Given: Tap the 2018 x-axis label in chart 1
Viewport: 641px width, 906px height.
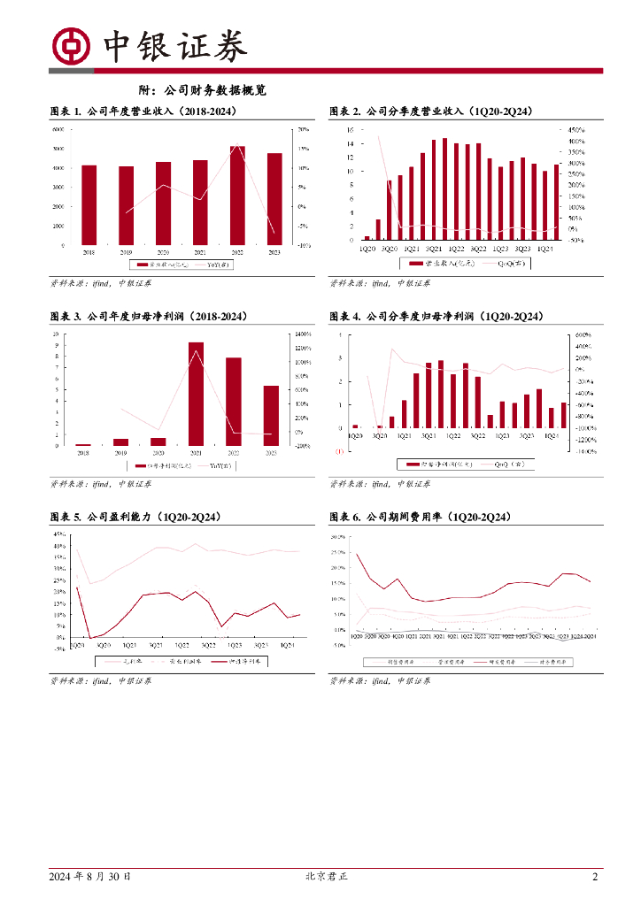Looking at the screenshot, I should click(x=89, y=253).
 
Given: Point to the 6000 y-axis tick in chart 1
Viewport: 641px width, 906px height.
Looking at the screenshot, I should click(x=58, y=129).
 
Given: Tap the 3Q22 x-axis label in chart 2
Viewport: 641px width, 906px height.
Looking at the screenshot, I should click(x=479, y=249).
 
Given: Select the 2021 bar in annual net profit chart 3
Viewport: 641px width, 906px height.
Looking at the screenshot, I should click(x=196, y=393).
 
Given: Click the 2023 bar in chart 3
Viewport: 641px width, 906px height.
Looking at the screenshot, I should click(x=271, y=415).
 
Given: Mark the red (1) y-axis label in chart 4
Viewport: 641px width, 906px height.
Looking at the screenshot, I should click(x=339, y=451).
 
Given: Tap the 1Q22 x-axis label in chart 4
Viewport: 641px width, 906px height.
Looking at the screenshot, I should click(x=452, y=436).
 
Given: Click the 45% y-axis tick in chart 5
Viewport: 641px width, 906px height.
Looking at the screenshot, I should click(x=59, y=534).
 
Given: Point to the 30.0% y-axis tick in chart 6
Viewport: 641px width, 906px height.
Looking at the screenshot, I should click(x=337, y=536).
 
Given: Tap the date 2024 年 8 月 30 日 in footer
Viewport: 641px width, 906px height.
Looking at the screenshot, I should click(x=90, y=877).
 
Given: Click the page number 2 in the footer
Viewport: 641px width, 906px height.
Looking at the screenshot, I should click(x=595, y=877).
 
